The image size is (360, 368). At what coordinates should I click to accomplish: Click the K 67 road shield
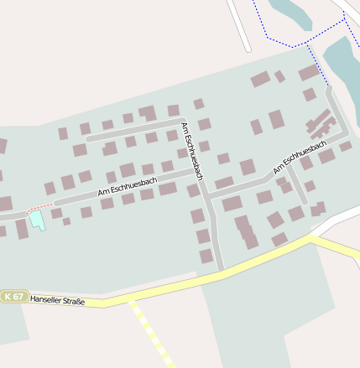click(13, 297)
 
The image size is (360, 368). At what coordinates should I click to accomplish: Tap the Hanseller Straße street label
click(57, 299)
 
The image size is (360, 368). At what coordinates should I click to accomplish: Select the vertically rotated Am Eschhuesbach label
click(192, 152)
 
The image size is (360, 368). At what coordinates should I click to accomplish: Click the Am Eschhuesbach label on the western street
click(128, 187)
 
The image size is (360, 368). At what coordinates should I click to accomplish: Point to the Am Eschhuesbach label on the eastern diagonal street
click(299, 157)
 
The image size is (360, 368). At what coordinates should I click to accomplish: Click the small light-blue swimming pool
click(37, 220)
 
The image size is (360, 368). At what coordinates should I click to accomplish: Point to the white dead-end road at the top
click(238, 25)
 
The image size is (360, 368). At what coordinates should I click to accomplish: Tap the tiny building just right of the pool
click(56, 214)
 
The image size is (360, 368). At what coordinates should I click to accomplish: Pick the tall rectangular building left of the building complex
click(276, 119)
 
